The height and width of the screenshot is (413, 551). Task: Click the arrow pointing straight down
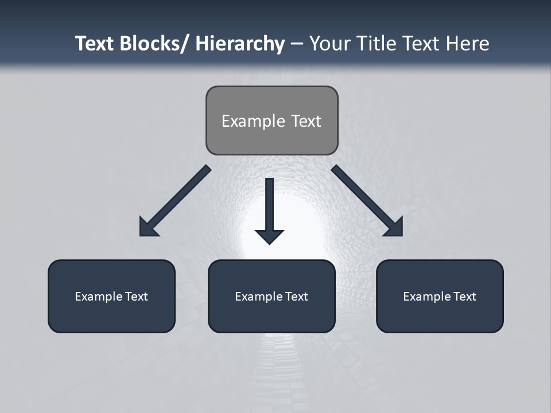269,206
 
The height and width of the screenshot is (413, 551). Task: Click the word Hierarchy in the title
239,44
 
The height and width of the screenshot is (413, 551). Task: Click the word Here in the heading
468,44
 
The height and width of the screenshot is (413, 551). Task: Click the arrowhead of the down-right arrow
395,228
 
